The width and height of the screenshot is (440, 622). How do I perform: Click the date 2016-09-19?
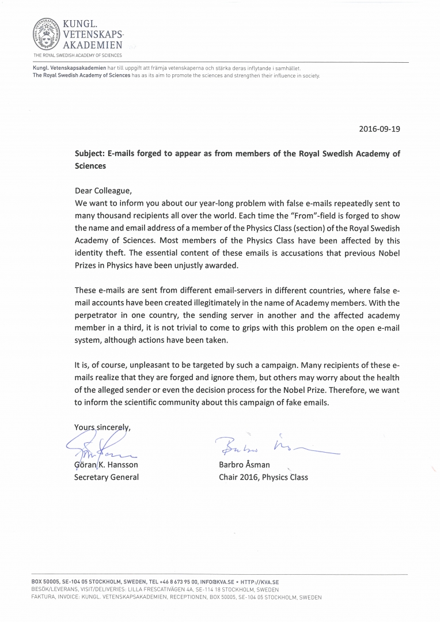click(x=379, y=129)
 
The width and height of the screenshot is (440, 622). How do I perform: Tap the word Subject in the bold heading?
click(x=90, y=154)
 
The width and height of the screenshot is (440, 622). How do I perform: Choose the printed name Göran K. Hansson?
click(x=106, y=465)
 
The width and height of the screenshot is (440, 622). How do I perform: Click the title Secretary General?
click(x=106, y=477)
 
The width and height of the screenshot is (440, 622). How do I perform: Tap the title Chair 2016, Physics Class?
click(x=263, y=477)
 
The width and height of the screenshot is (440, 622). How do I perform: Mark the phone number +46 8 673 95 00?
click(x=179, y=582)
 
